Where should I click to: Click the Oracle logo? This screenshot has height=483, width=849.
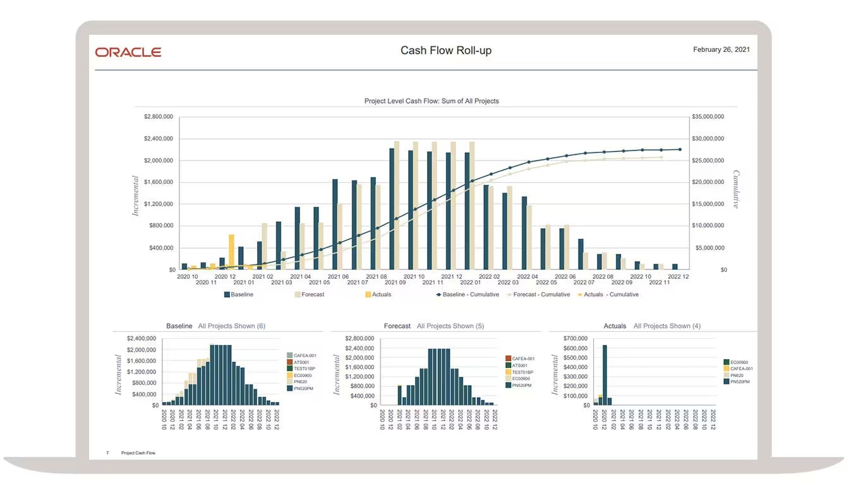pos(128,52)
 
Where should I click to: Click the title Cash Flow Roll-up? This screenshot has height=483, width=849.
pos(445,51)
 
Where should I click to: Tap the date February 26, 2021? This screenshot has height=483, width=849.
pos(721,49)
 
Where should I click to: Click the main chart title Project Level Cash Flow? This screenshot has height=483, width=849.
pos(431,101)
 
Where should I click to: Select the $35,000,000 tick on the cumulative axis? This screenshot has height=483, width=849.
pos(707,117)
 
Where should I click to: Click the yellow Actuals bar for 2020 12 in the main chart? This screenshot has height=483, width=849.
pos(232,252)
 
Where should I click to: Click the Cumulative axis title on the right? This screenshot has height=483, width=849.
pos(736,189)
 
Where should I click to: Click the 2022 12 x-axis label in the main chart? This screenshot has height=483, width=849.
pos(678,276)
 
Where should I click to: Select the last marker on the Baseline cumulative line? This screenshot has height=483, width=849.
pos(680,149)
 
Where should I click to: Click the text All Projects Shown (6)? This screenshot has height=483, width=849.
pos(231,326)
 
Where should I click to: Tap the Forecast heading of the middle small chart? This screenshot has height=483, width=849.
pos(397,326)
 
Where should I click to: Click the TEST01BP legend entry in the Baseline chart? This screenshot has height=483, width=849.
pos(304,368)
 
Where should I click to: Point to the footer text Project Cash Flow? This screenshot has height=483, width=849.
pos(138,453)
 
